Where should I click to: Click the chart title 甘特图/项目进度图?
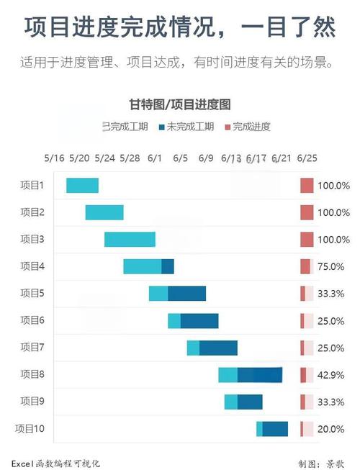[179, 105]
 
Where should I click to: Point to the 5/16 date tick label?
[54, 158]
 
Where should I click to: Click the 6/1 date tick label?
[155, 158]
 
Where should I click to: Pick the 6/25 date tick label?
[307, 158]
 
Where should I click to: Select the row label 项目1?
[32, 185]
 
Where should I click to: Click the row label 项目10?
[30, 429]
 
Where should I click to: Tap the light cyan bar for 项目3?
[130, 240]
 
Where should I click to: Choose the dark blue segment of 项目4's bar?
[168, 266]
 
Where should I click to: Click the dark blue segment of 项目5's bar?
[186, 294]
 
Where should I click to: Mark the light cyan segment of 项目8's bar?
[228, 375]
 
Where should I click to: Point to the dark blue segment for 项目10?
[275, 429]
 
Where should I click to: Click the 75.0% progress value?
[332, 266]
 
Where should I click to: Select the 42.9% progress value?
[332, 375]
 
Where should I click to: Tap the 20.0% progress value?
[332, 429]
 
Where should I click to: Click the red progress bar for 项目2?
[307, 212]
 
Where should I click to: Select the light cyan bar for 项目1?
[82, 185]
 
